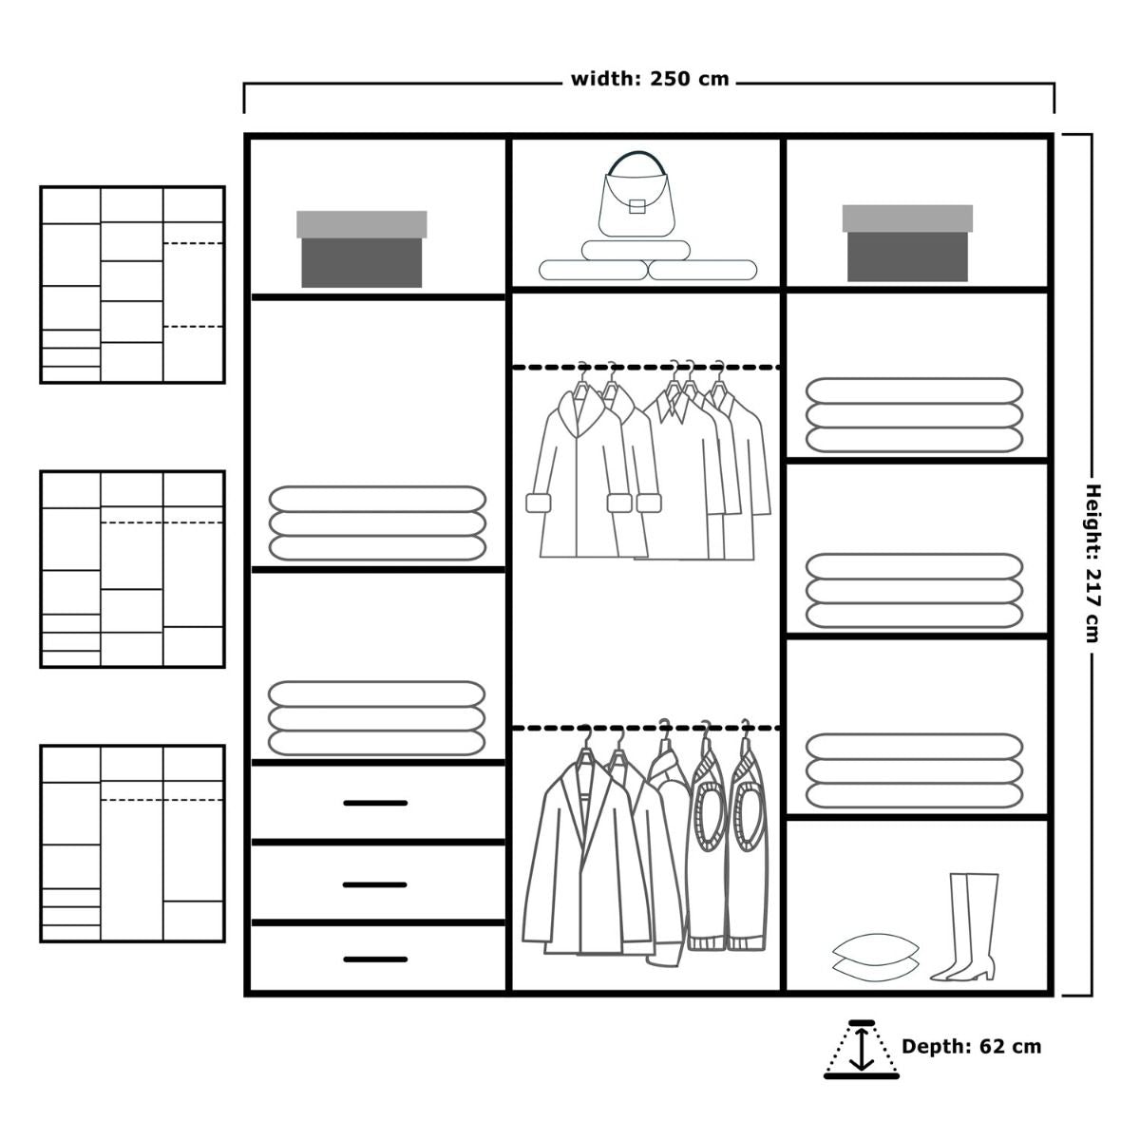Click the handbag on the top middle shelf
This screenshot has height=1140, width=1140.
pos(636,199)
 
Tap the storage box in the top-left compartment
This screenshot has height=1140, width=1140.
pos(361,249)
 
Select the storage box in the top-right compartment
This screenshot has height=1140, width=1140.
pos(907,242)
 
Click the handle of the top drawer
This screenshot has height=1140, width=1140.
pos(375,803)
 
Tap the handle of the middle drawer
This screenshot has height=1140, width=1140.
pos(375,884)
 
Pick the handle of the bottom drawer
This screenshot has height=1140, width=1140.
pos(375,959)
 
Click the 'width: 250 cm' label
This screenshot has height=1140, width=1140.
pos(650,79)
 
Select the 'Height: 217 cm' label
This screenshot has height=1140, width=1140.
pos(1092,563)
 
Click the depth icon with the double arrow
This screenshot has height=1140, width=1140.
pos(862,1050)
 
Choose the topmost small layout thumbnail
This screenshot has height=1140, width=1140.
pos(132,285)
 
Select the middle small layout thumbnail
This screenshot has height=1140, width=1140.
pos(132,569)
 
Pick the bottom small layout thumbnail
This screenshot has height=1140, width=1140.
pos(132,844)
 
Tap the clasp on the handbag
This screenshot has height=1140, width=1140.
pos(636,206)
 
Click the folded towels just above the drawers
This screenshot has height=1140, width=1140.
pos(377,718)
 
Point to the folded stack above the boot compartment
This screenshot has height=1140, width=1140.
pos(914,770)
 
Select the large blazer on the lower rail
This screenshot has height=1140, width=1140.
pos(586,852)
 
